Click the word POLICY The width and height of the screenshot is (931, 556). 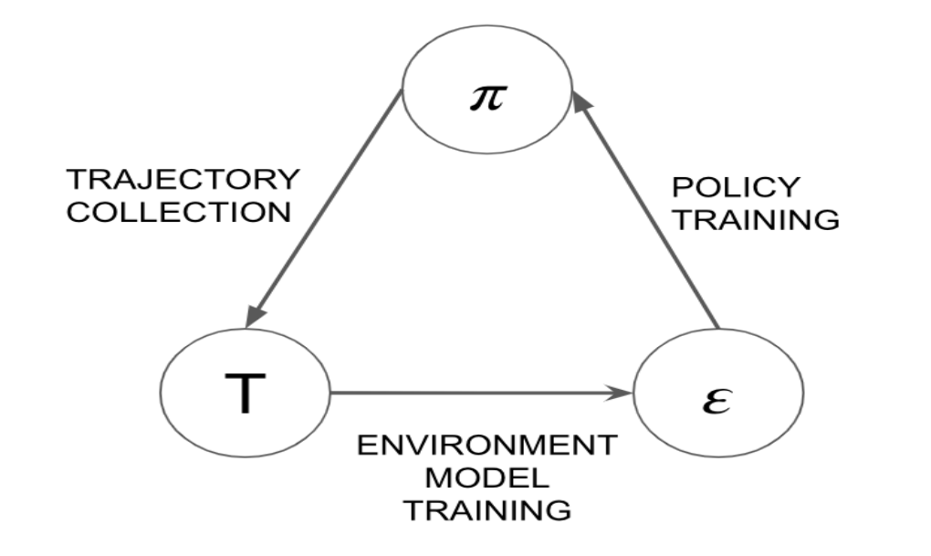pos(735,187)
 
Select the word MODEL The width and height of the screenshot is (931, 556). pos(487,477)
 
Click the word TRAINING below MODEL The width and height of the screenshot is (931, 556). pos(487,509)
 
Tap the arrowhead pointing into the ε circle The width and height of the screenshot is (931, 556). pos(622,394)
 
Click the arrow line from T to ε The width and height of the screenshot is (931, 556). pos(475,394)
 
